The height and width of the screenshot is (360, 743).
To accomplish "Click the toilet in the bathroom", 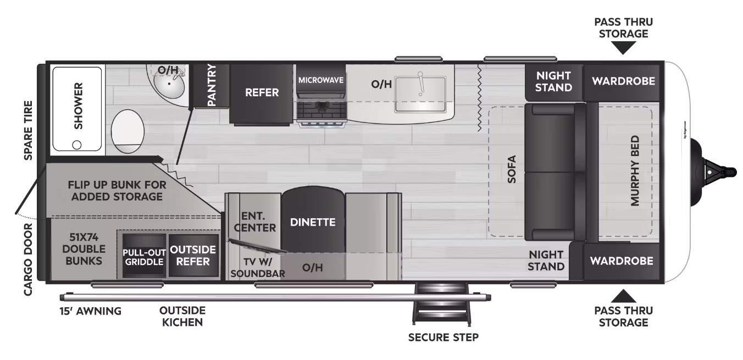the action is click(127, 131).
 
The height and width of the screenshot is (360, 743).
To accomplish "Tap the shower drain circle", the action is click(77, 145).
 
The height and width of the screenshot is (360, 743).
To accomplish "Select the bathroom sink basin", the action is click(169, 84).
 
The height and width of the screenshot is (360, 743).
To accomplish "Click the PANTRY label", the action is click(212, 85).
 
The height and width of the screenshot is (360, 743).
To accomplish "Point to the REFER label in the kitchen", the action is click(262, 92).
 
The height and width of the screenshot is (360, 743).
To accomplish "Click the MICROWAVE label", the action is click(321, 80).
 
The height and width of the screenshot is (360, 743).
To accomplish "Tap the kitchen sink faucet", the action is click(421, 84).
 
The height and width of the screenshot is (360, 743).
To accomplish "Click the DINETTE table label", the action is click(313, 222).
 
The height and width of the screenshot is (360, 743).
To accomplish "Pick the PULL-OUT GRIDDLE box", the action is click(145, 256).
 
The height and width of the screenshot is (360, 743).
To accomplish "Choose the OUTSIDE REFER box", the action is click(193, 256).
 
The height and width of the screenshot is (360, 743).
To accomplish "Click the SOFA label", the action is click(512, 169).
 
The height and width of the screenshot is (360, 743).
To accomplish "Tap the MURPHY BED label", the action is click(635, 170).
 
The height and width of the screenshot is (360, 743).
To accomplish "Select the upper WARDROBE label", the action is click(624, 81).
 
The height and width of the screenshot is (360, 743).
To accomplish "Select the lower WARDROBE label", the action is click(622, 261).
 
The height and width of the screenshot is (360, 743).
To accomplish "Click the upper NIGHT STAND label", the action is click(553, 82).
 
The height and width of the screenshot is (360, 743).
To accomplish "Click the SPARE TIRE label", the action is click(28, 130).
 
